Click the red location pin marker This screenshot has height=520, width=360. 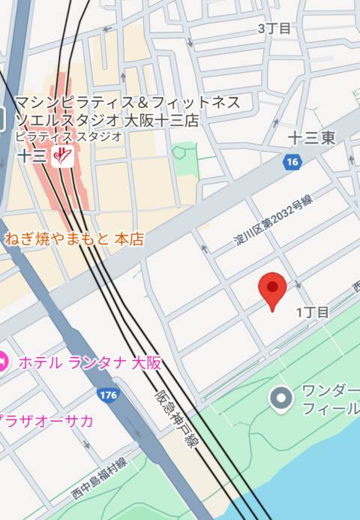click(x=272, y=290)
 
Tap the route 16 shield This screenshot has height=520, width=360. click(x=292, y=161)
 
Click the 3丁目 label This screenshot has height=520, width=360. click(x=274, y=29)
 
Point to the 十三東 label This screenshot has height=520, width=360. click(x=311, y=137)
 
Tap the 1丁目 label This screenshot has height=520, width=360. click(x=312, y=312)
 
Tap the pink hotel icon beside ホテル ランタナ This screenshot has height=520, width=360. click(x=3, y=362)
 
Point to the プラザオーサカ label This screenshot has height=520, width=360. click(x=46, y=420)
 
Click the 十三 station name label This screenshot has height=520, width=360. click(x=33, y=156)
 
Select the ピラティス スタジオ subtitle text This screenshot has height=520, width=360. click(x=68, y=136)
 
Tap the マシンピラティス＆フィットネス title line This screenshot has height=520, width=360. click(x=127, y=102)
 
